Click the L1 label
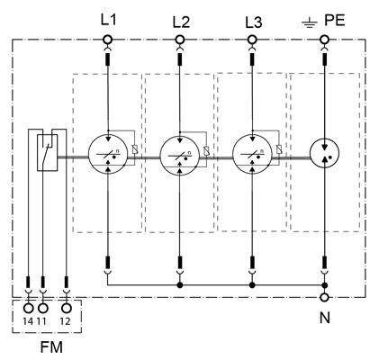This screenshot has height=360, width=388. click(x=108, y=20)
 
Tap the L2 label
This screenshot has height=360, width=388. click(x=181, y=22)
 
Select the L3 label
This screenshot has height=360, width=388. click(x=254, y=22)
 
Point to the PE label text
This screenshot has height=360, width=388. click(x=335, y=21)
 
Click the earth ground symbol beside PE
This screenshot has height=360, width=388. click(x=310, y=22)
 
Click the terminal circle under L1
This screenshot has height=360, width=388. click(x=107, y=40)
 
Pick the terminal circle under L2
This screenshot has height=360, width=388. click(x=180, y=40)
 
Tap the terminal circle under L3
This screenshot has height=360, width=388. click(x=252, y=40)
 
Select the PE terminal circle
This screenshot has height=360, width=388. click(x=324, y=40)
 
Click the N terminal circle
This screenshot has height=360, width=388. click(x=324, y=297)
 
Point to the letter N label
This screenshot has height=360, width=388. click(x=325, y=318)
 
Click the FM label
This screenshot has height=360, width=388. click(x=51, y=347)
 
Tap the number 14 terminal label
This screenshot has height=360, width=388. click(x=28, y=321)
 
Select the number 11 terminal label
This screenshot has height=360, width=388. click(x=41, y=321)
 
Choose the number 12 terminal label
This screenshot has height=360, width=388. click(x=65, y=321)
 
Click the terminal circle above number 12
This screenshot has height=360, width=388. click(x=66, y=308)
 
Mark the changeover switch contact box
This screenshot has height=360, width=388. click(x=47, y=153)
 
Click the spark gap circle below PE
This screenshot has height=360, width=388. click(x=324, y=154)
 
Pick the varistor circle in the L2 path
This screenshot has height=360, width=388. click(x=180, y=156)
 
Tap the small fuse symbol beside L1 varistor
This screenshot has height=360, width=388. click(x=135, y=149)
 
